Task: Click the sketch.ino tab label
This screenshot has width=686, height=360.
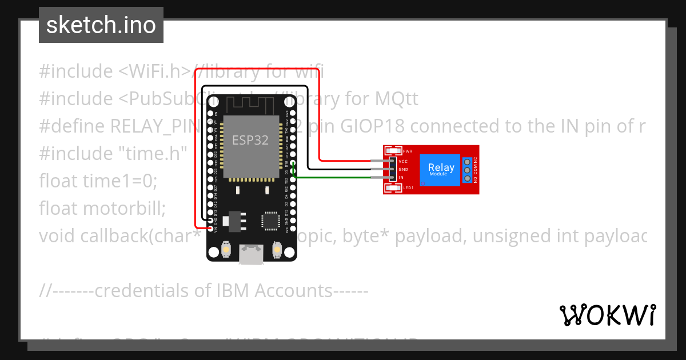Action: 101,25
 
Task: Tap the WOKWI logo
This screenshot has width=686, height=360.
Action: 607,315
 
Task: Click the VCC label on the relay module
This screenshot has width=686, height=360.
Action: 402,162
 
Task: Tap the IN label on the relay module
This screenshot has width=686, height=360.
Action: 401,178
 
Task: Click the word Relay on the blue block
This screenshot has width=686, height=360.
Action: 441,167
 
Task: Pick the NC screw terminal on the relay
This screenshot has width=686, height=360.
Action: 467,162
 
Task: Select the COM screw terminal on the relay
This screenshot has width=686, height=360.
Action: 467,170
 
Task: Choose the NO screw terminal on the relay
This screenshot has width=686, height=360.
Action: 467,179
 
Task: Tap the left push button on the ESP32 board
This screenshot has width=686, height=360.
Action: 226,250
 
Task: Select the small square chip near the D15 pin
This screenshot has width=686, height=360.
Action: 270,221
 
